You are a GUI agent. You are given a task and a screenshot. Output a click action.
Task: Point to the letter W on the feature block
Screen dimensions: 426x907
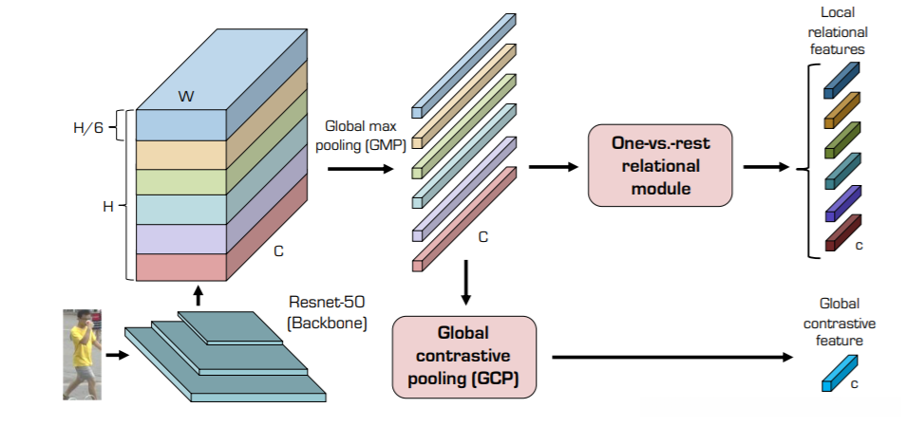186,96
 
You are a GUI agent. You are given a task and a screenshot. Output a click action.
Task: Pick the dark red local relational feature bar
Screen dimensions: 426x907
841,233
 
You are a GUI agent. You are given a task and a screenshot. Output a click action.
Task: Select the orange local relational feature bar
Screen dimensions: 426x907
841,110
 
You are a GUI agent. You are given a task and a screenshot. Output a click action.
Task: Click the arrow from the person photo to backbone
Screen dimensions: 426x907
115,357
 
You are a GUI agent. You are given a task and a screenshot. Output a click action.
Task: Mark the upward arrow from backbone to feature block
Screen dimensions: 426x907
197,295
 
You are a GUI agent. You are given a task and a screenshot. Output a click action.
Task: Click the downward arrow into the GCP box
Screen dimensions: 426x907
464,284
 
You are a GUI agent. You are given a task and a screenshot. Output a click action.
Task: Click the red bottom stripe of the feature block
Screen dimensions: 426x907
180,268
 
